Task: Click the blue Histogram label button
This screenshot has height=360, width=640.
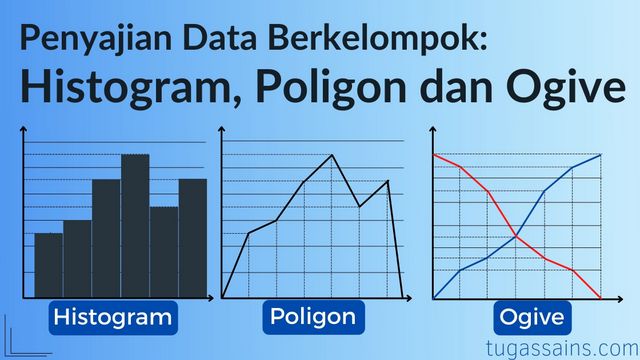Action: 113,318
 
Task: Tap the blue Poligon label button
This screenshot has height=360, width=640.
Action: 312,318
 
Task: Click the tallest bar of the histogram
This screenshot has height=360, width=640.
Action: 135,225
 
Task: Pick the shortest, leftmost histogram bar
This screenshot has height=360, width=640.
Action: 48,264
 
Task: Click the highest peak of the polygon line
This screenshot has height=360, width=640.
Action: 333,155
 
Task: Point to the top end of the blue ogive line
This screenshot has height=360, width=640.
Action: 601,154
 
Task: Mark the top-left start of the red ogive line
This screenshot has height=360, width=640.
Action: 434,155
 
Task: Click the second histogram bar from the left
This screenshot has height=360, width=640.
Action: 77,258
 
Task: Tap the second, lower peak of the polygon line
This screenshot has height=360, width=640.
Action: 388,180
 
